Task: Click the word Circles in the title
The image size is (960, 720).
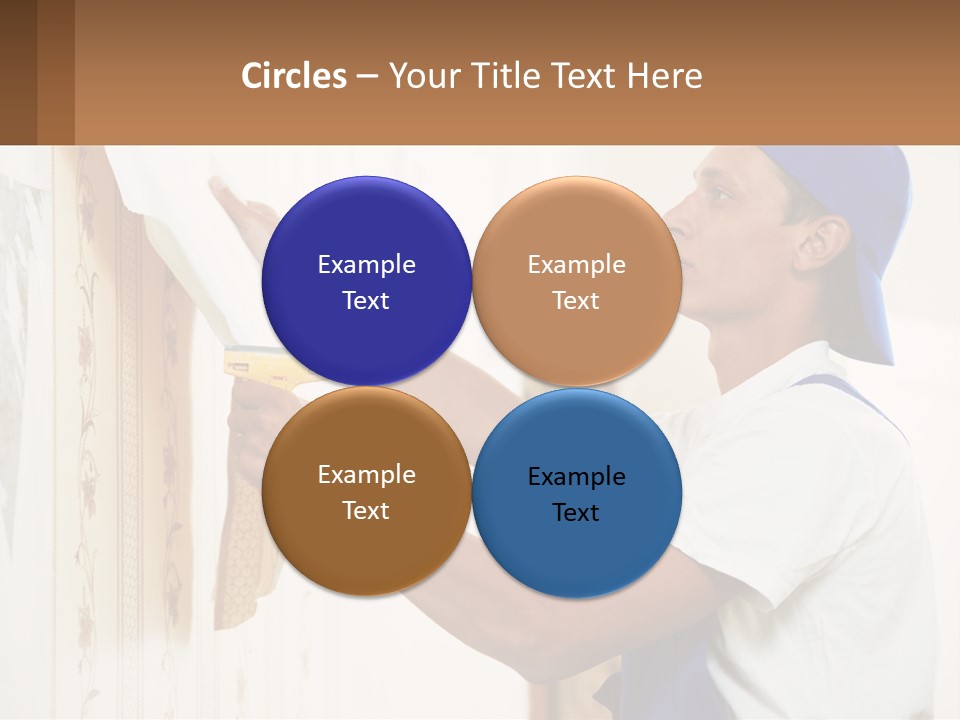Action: pos(294,76)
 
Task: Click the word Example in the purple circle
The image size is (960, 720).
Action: pos(366,265)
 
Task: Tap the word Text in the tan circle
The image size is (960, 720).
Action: pos(576,301)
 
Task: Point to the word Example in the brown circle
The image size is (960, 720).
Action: pos(366,475)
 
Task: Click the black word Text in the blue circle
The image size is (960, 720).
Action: pos(576,513)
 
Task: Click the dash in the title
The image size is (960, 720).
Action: pos(367,76)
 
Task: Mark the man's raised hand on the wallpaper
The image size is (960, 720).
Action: pos(240,205)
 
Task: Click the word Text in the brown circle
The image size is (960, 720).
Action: pos(366,511)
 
